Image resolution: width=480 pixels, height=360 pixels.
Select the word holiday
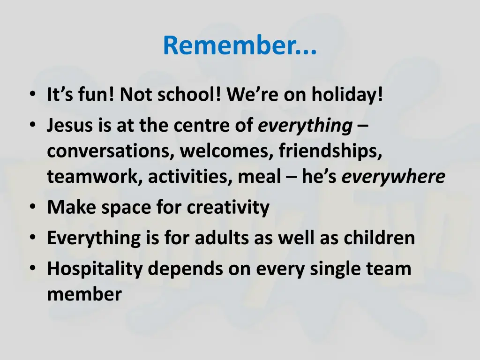(349, 96)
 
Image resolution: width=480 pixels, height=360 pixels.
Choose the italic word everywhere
(393, 177)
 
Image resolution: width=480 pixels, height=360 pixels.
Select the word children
(380, 238)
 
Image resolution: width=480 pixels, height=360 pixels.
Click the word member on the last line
(84, 294)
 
